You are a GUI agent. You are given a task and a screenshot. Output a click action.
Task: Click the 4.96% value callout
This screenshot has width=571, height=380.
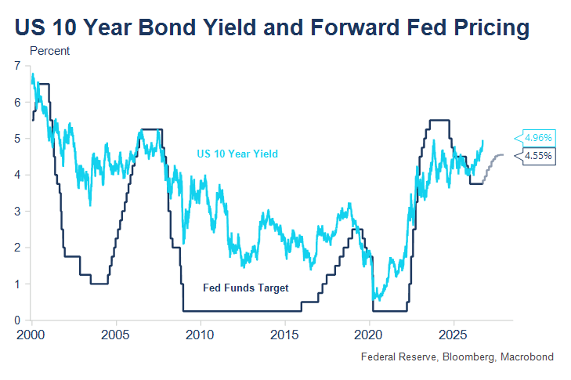536,138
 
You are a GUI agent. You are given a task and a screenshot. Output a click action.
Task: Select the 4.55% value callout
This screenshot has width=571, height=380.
536,156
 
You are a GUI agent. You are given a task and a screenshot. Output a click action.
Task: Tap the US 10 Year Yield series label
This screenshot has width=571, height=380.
237,154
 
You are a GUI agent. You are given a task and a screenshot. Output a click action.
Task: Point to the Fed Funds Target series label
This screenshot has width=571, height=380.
246,288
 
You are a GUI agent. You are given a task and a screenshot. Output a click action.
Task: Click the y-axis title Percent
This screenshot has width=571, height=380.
49,51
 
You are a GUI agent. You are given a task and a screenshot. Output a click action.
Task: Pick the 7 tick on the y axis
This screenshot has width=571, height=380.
17,66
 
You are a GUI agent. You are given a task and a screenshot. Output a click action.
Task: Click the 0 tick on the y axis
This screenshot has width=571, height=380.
17,320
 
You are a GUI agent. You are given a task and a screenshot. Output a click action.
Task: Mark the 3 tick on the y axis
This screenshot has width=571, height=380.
17,212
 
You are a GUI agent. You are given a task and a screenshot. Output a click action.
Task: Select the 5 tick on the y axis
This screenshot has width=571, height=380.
17,139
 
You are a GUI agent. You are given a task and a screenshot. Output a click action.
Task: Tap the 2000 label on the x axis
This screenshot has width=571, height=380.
31,335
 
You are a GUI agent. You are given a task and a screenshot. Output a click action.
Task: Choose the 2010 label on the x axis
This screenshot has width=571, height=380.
200,335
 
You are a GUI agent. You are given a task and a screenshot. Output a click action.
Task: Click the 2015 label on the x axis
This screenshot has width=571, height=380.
284,335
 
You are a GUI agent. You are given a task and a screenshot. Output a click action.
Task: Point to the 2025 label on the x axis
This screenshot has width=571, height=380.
453,335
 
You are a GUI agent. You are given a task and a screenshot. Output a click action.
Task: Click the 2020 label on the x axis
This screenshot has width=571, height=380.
369,335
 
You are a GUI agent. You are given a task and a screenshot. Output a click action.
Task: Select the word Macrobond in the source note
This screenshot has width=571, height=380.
527,356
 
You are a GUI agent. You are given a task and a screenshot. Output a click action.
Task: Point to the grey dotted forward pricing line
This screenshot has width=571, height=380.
493,167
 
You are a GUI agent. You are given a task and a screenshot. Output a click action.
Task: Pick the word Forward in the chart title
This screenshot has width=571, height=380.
355,27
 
